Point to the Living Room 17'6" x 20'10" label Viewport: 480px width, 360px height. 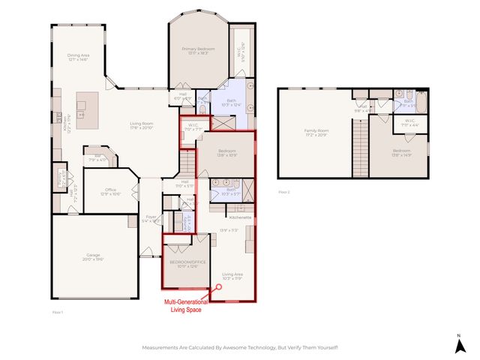click(142, 125)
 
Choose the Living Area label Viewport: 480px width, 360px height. click(232, 276)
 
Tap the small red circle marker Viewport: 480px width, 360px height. click(219, 286)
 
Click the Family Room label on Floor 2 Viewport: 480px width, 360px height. click(316, 132)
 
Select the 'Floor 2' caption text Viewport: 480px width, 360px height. click(284, 192)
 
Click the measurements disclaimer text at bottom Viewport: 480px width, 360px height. click(240, 348)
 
